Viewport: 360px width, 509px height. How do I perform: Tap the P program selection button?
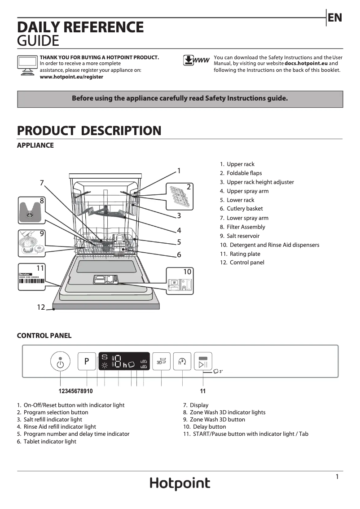(87, 361)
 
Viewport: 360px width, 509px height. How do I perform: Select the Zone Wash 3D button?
(162, 361)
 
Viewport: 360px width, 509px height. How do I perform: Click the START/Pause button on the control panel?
(203, 361)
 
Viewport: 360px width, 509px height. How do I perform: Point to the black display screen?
(124, 361)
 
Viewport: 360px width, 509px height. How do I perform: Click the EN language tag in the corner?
(335, 18)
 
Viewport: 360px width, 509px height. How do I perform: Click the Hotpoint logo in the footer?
(180, 483)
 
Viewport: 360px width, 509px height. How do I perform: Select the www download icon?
(196, 61)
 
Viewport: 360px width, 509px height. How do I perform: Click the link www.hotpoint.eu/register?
(71, 77)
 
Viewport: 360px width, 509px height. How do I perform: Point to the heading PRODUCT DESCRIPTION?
(89, 131)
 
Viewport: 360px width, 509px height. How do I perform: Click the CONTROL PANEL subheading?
(44, 335)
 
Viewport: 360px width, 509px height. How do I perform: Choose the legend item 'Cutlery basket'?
(245, 209)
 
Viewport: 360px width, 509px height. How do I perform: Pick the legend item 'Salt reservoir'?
(243, 236)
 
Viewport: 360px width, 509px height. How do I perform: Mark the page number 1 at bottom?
(337, 477)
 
